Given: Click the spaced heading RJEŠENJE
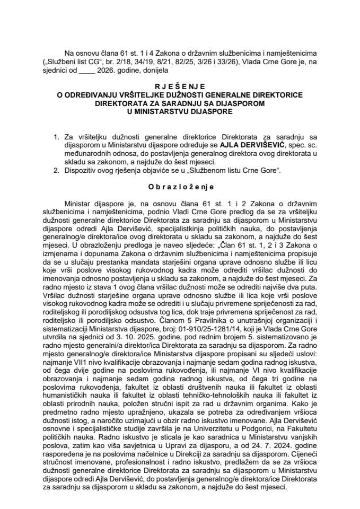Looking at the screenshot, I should (180, 86).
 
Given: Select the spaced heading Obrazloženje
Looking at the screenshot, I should (180, 187).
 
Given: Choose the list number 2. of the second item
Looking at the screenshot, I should (57, 171).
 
